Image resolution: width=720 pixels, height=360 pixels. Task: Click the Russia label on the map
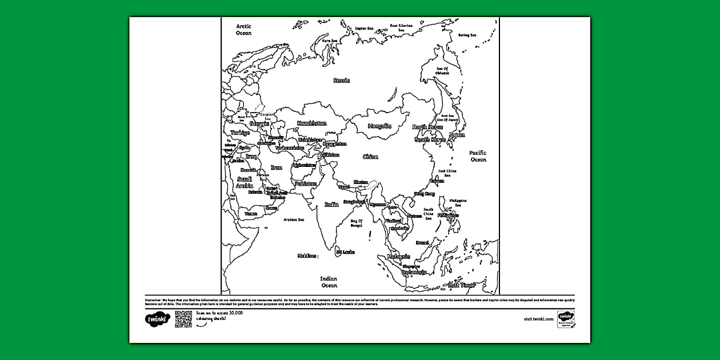click(341, 81)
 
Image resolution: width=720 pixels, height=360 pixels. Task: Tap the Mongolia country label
click(379, 126)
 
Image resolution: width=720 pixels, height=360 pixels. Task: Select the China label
click(370, 157)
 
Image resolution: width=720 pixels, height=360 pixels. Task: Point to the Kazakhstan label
click(311, 123)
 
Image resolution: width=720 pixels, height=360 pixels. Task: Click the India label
click(331, 204)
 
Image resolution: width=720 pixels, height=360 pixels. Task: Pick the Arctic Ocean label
click(244, 30)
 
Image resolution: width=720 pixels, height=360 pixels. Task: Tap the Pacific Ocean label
click(478, 156)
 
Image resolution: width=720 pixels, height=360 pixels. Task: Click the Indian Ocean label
click(329, 282)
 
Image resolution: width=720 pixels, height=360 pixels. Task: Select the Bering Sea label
click(467, 35)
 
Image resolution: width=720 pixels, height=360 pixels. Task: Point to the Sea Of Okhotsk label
click(442, 71)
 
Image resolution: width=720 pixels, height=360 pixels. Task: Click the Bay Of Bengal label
click(357, 223)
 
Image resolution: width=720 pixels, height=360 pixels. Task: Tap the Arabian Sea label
click(294, 219)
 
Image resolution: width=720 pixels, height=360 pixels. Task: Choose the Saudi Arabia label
click(244, 182)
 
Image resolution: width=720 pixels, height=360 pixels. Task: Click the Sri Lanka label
click(345, 252)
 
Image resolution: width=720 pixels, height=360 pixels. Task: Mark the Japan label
click(457, 135)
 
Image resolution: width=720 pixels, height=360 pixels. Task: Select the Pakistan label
click(306, 183)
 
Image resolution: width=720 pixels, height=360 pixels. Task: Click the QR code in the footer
click(183, 319)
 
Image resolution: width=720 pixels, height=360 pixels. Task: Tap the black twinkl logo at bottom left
click(158, 319)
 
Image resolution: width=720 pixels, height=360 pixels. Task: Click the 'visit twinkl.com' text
click(538, 319)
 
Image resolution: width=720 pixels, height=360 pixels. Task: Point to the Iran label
click(277, 167)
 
